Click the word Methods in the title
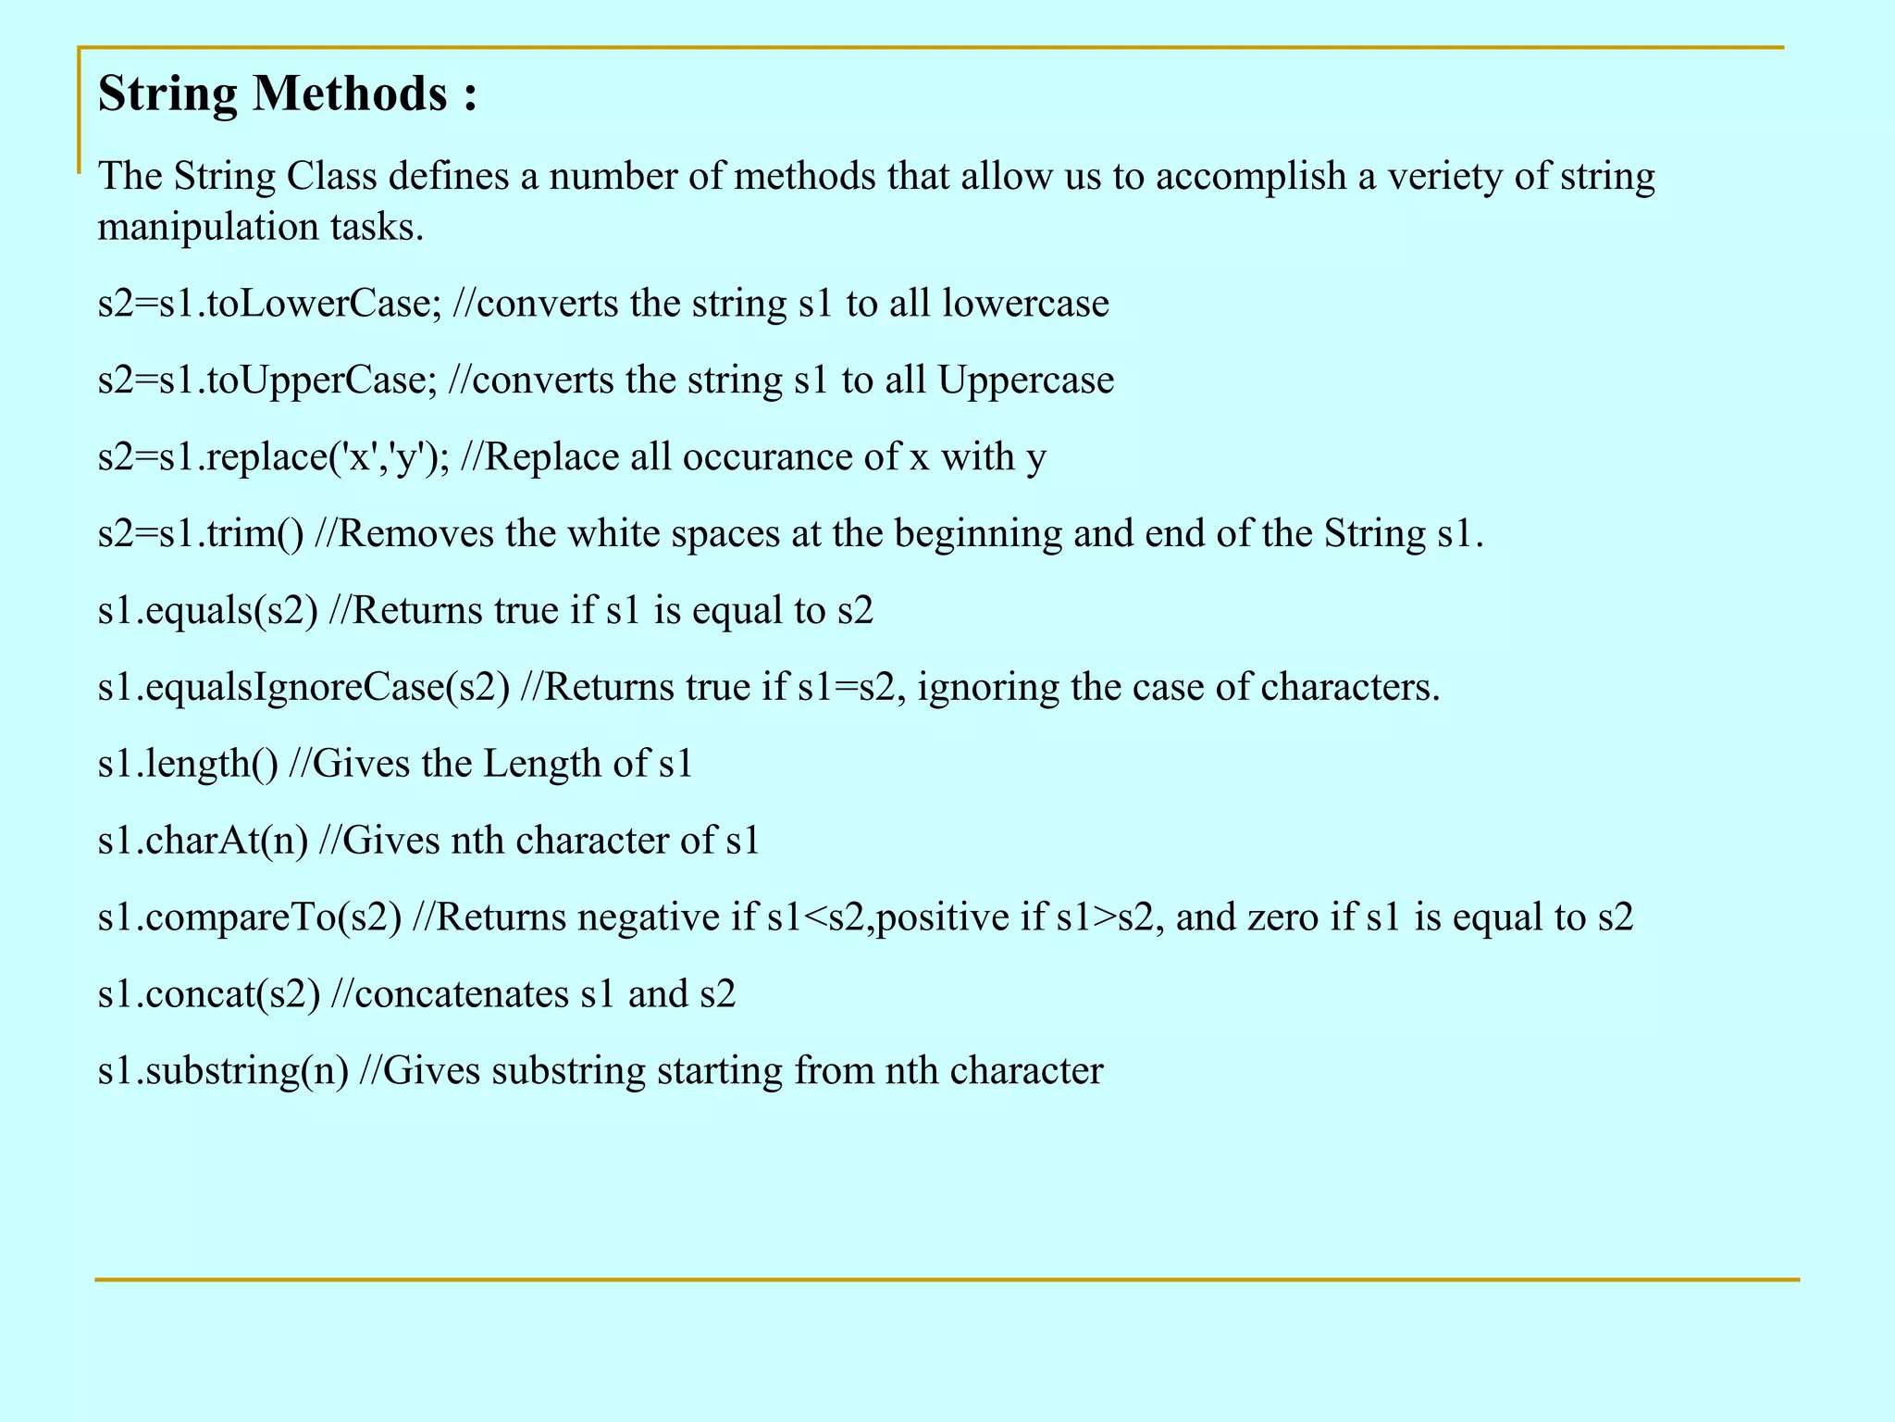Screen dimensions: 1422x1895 tap(351, 94)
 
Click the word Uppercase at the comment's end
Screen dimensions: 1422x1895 tap(1026, 380)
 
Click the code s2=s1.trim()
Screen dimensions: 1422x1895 tap(200, 534)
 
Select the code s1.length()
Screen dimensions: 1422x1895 tap(187, 764)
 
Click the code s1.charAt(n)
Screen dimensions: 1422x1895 tap(203, 841)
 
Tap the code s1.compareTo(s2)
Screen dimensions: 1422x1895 tap(250, 917)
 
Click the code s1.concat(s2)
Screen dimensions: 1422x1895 tap(208, 994)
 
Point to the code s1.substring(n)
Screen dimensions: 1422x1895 tap(223, 1071)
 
